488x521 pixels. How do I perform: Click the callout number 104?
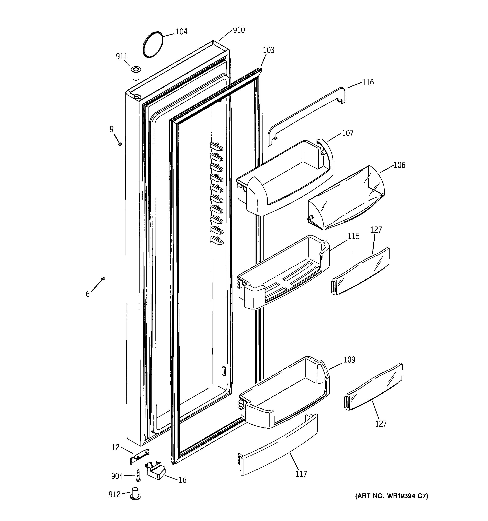coord(181,32)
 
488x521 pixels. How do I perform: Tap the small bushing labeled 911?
coord(136,73)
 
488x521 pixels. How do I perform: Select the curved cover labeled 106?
coord(346,199)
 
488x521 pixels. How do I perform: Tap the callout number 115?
coord(353,236)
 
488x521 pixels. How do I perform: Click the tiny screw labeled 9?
coord(120,144)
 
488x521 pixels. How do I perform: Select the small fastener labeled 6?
coord(103,278)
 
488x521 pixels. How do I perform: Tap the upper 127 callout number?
coord(376,230)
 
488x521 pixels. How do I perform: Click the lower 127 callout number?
coord(381,424)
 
